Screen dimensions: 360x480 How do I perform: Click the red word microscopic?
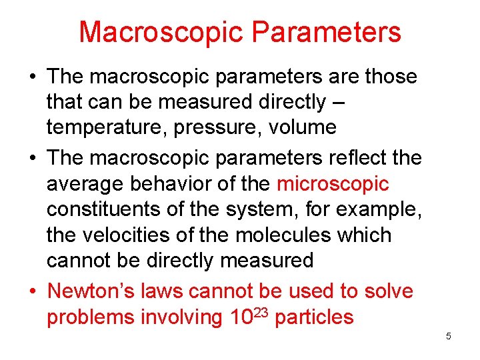[x=333, y=183]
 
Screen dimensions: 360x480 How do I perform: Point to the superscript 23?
[x=260, y=311]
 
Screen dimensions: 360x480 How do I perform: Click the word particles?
[x=314, y=317]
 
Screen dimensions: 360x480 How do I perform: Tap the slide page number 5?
[x=449, y=336]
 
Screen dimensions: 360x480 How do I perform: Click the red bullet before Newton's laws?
[x=32, y=291]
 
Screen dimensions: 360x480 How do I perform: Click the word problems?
[x=90, y=317]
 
